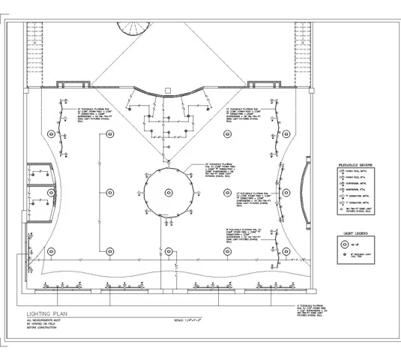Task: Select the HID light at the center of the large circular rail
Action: (170, 190)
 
